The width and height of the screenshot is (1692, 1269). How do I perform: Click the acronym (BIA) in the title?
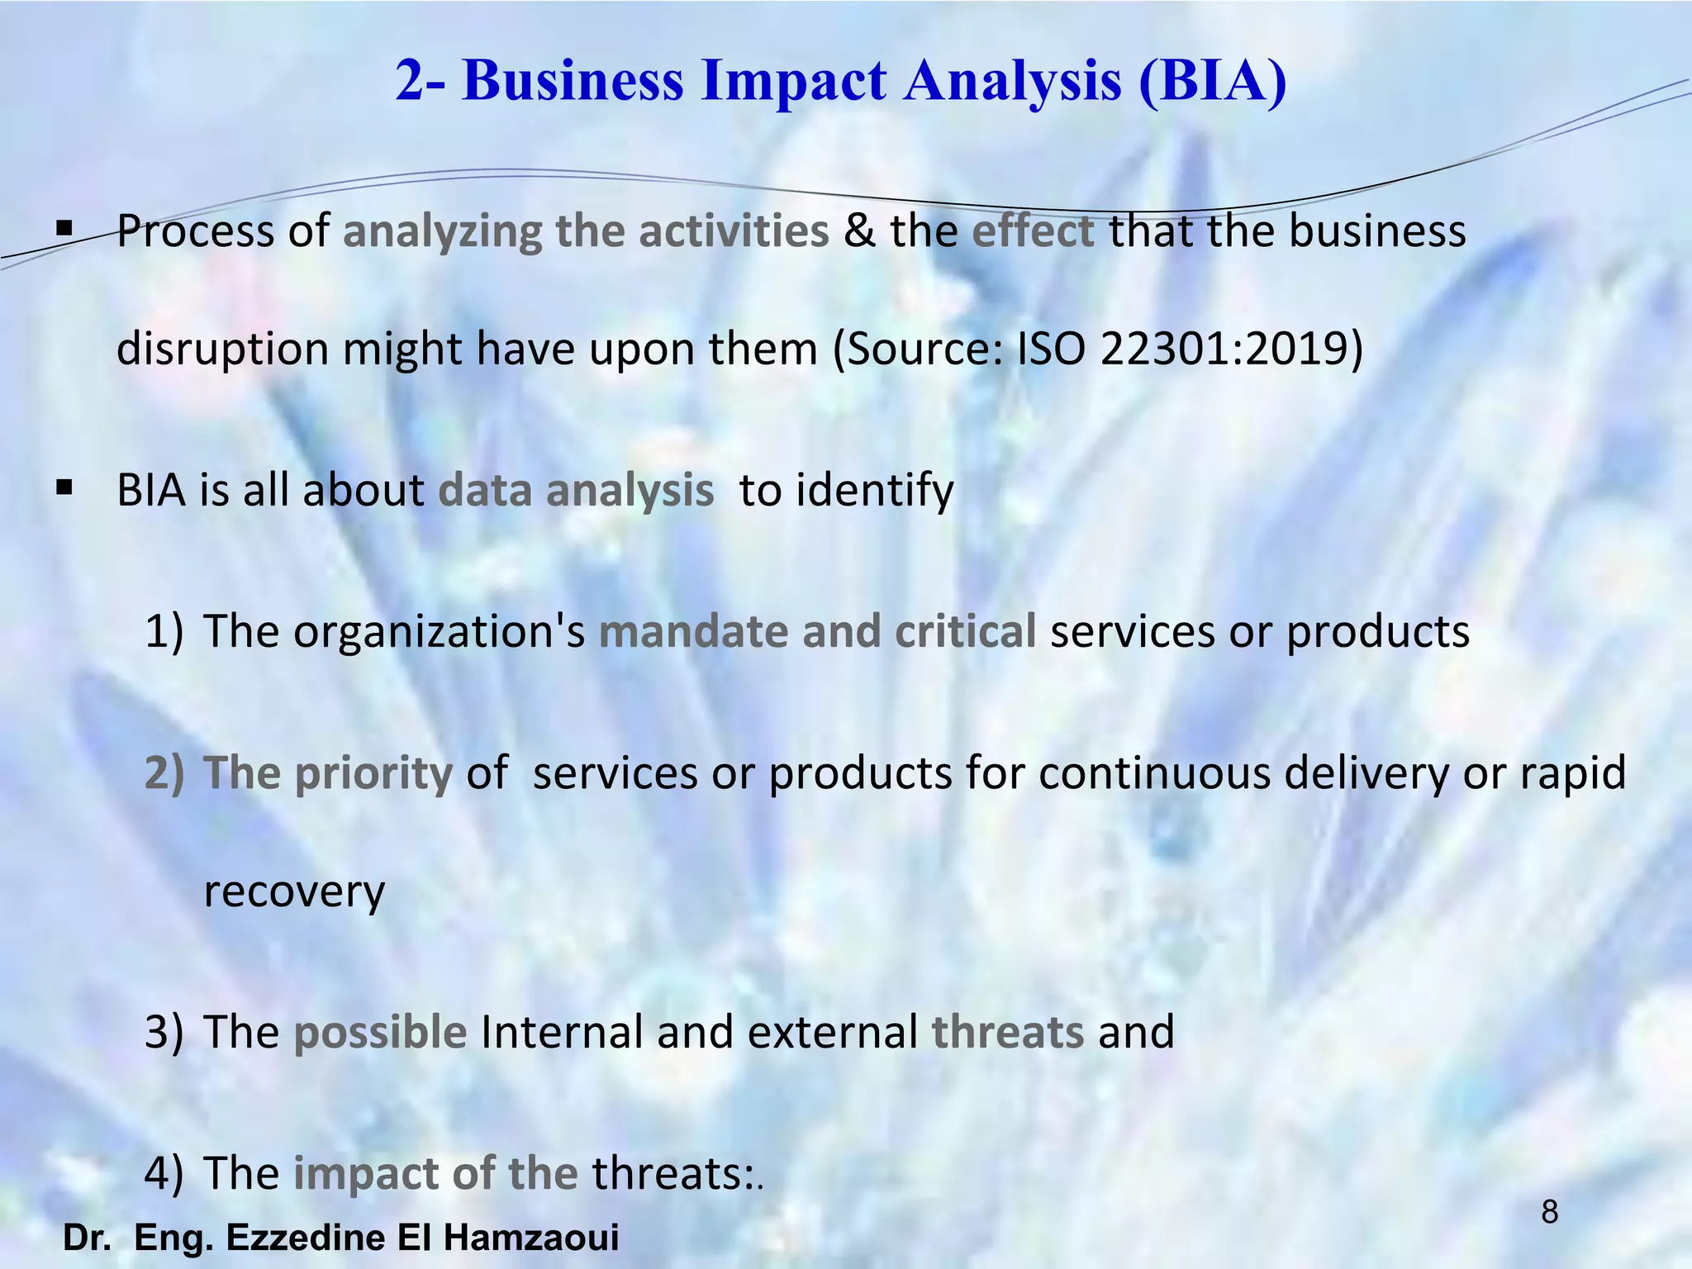pos(1212,81)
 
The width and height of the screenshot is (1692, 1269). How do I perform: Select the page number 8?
pos(1550,1212)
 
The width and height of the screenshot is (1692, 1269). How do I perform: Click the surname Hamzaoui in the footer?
pos(531,1238)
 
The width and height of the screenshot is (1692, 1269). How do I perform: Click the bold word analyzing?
pos(442,231)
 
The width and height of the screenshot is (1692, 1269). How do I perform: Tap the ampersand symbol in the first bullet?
pos(859,231)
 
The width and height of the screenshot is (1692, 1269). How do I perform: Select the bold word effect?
pos(1033,231)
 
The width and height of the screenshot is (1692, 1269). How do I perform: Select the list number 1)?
pos(163,631)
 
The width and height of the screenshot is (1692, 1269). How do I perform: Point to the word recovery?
pos(294,891)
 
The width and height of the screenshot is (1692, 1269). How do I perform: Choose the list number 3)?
pos(163,1032)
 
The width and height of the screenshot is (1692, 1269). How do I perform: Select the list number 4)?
pos(163,1173)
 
